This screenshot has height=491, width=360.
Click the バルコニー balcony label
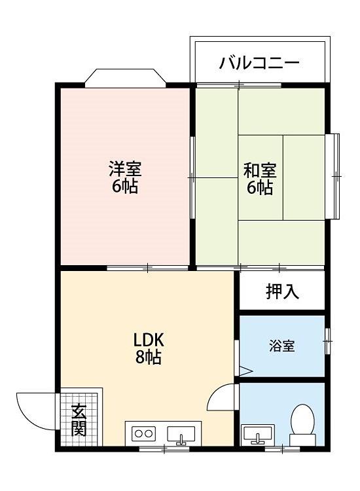click(x=259, y=63)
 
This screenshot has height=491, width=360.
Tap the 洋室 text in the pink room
click(x=125, y=169)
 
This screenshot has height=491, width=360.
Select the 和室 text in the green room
click(x=260, y=170)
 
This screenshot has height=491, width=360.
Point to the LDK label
click(x=149, y=340)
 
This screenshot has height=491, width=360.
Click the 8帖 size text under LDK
click(x=149, y=357)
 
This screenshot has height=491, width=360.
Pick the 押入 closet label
click(x=282, y=291)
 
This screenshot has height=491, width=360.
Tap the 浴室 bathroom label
click(x=281, y=346)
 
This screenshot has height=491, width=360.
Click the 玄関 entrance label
click(x=79, y=420)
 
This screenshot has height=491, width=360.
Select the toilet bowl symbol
click(x=302, y=425)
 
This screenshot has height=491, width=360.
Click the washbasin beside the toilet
click(x=258, y=434)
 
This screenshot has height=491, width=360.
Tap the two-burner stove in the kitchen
click(x=144, y=433)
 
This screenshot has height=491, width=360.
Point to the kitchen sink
click(x=181, y=435)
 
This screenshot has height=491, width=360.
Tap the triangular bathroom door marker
click(x=245, y=371)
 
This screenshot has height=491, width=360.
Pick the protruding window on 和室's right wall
click(x=333, y=176)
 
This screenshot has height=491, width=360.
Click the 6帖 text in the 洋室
click(x=125, y=187)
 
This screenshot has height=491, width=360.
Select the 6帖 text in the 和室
click(x=260, y=187)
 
